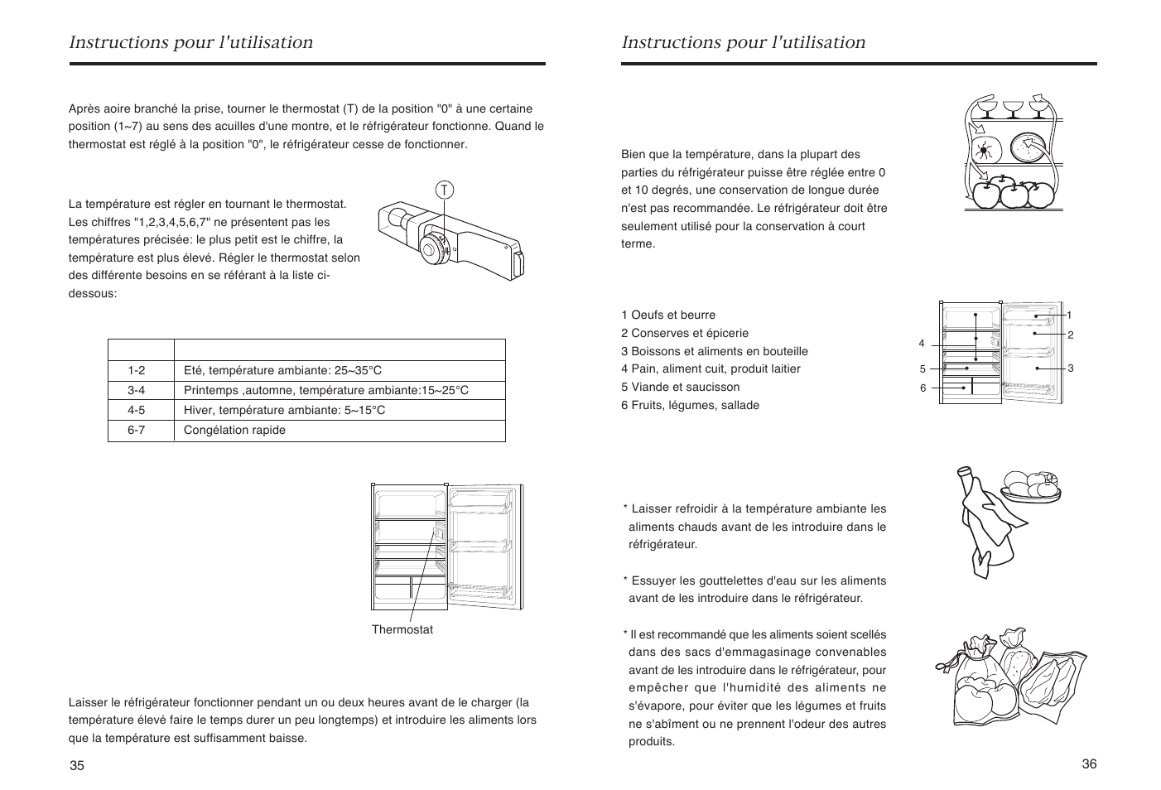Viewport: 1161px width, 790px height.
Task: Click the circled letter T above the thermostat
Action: point(445,190)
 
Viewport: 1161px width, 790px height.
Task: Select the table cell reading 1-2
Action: point(137,371)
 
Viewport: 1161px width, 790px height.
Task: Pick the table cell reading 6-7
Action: point(137,431)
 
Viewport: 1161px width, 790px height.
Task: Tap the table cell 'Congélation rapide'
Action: point(234,431)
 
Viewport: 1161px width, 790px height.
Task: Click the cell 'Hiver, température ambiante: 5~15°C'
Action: point(284,411)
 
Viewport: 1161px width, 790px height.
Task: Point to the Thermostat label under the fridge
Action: point(402,630)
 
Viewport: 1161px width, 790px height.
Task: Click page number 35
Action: point(77,765)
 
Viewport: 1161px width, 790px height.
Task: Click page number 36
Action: point(1089,764)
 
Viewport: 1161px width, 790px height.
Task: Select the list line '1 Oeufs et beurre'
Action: point(668,316)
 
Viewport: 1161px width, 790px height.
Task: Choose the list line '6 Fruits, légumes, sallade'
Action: point(690,406)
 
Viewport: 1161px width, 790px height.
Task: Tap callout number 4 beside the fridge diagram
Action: point(922,344)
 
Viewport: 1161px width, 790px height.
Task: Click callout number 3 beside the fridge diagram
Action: point(1070,368)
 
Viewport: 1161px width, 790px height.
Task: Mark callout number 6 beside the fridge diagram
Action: point(923,388)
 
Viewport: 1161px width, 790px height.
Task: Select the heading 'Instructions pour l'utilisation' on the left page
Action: point(191,43)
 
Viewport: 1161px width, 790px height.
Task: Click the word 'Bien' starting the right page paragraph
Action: point(633,155)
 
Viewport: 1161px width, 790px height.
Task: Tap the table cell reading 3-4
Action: point(137,391)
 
